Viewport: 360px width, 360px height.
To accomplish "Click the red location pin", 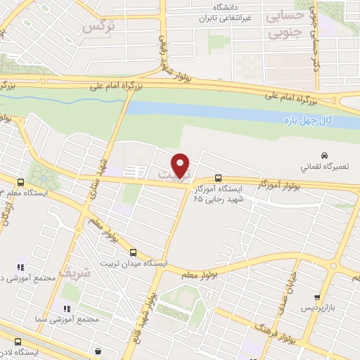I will [x=182, y=165].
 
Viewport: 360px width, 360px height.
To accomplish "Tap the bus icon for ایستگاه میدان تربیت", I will [x=134, y=251].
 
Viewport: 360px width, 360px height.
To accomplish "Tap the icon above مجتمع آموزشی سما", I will [x=67, y=308].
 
